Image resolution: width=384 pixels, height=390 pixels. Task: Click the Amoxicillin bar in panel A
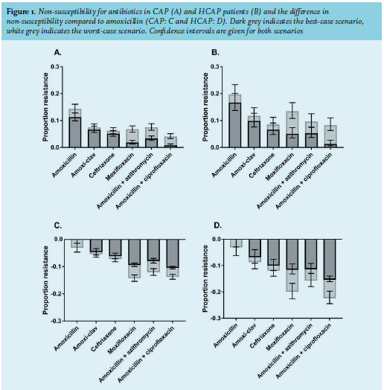[75, 128]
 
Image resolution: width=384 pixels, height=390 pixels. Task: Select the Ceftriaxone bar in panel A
[113, 139]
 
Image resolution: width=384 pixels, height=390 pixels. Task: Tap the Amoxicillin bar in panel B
[235, 121]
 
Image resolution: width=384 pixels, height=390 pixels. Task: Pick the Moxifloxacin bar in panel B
[292, 130]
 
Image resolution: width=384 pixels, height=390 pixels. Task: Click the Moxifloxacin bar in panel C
[135, 259]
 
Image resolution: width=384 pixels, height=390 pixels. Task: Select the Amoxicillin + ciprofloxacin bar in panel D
[330, 269]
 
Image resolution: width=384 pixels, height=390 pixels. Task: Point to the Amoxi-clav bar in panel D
[255, 251]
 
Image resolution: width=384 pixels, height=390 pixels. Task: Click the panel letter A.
[58, 53]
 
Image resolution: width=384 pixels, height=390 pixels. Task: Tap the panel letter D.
[217, 226]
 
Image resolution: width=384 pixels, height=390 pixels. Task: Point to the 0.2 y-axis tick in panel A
[55, 94]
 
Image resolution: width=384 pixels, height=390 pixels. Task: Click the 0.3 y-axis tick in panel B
[215, 67]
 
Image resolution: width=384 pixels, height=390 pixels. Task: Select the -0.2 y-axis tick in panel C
[56, 294]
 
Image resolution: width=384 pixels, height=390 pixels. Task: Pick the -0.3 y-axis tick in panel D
[215, 318]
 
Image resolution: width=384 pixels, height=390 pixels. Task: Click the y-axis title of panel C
[45, 280]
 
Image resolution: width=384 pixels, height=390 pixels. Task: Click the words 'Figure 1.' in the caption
[21, 12]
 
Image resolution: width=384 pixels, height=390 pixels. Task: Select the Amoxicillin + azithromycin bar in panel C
[154, 256]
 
